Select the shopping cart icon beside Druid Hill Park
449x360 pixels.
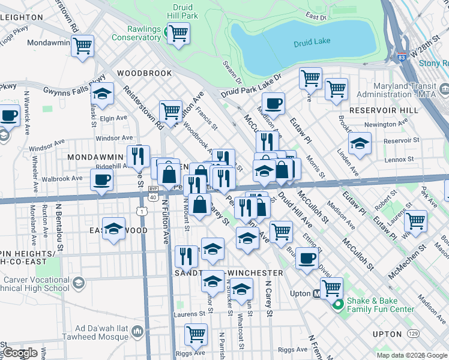[x=178, y=33]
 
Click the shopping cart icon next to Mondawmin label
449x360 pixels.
[x=82, y=46]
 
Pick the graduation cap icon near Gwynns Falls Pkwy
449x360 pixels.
[x=103, y=94]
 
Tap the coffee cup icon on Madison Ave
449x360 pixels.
[x=273, y=103]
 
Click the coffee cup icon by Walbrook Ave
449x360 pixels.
[x=101, y=179]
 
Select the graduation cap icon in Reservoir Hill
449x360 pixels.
[x=360, y=143]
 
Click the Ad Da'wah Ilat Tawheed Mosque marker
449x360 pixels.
[x=137, y=331]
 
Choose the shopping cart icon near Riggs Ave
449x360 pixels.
[x=196, y=334]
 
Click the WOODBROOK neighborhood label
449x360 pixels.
[x=145, y=73]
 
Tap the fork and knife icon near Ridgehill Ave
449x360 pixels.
[x=138, y=157]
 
